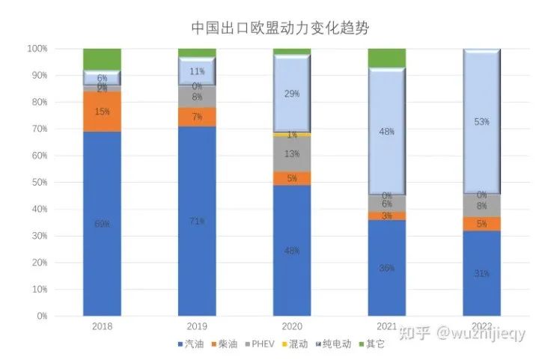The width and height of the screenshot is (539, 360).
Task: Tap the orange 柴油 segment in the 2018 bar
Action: pyautogui.click(x=102, y=112)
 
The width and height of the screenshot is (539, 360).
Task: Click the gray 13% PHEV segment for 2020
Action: pyautogui.click(x=291, y=154)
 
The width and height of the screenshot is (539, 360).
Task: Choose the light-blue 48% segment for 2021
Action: pyautogui.click(x=386, y=132)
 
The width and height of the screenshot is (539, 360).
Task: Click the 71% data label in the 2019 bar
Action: pyautogui.click(x=197, y=221)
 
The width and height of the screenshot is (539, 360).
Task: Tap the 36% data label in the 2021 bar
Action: pyautogui.click(x=386, y=268)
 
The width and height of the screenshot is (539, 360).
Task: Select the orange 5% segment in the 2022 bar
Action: pyautogui.click(x=481, y=224)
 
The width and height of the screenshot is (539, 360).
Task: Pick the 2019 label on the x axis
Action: pyautogui.click(x=197, y=327)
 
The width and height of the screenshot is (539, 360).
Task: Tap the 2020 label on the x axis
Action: pyautogui.click(x=291, y=327)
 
